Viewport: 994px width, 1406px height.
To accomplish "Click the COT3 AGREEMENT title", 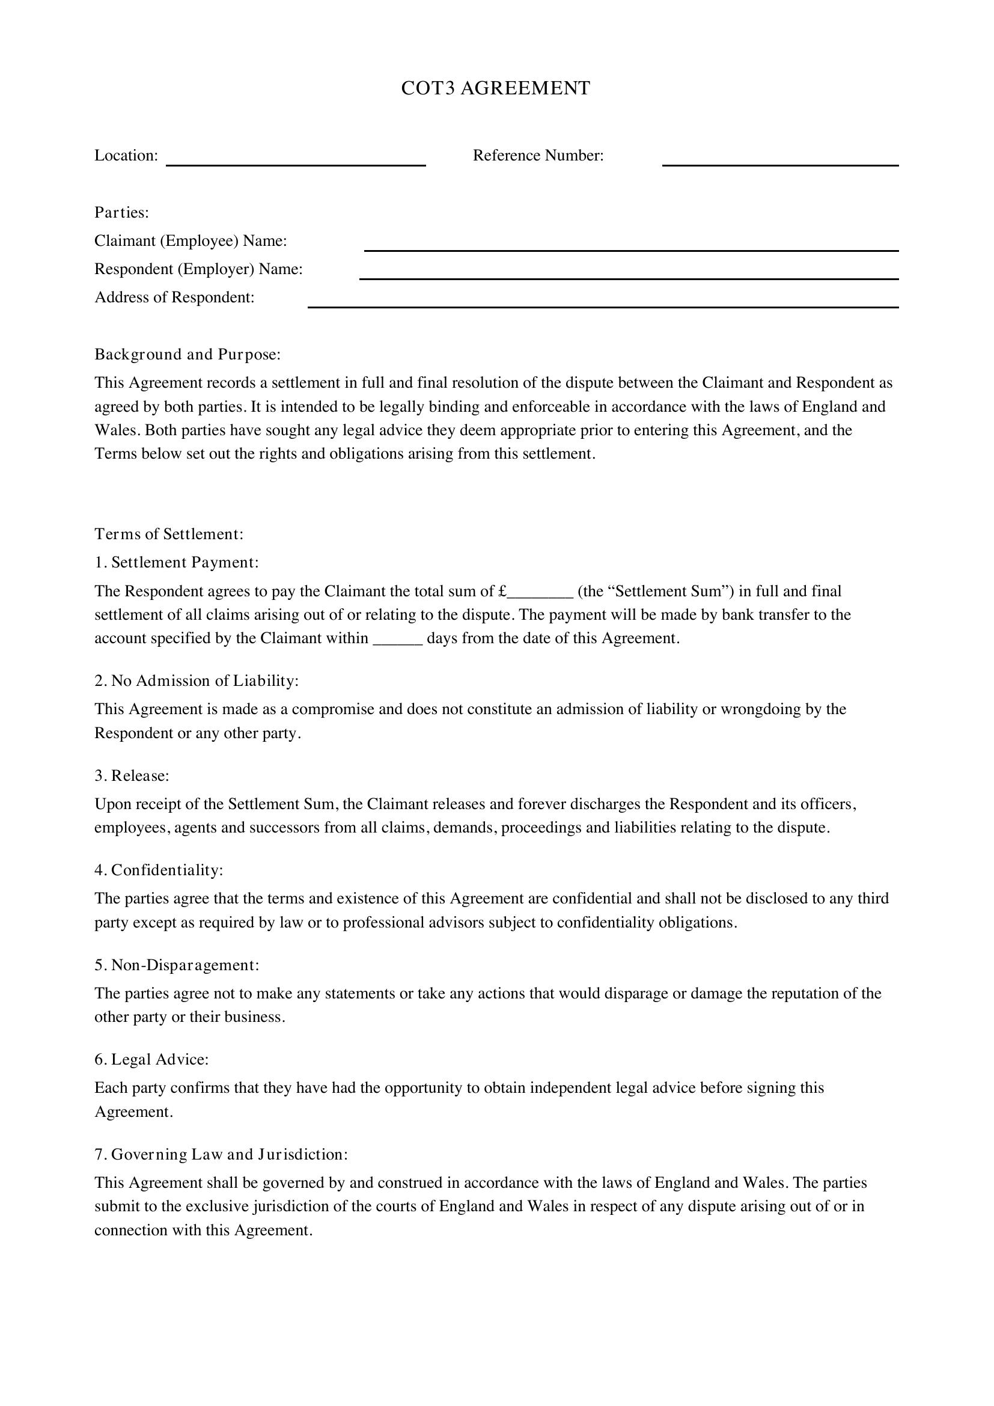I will (495, 88).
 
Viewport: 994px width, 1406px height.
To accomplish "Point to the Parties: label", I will (122, 212).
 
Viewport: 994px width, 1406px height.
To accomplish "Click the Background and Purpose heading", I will (188, 355).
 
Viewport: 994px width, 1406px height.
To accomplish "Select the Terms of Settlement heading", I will (169, 534).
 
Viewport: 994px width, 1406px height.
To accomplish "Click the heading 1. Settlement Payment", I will (176, 562).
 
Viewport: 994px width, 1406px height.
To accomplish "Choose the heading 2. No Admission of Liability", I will (196, 680).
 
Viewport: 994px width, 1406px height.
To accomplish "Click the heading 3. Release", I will (132, 775).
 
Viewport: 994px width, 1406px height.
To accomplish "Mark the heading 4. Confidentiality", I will (159, 870).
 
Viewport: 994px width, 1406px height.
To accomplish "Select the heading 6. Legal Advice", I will (151, 1059).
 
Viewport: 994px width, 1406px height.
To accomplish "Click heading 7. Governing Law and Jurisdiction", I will (221, 1154).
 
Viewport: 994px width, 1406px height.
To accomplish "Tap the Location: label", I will (126, 156).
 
